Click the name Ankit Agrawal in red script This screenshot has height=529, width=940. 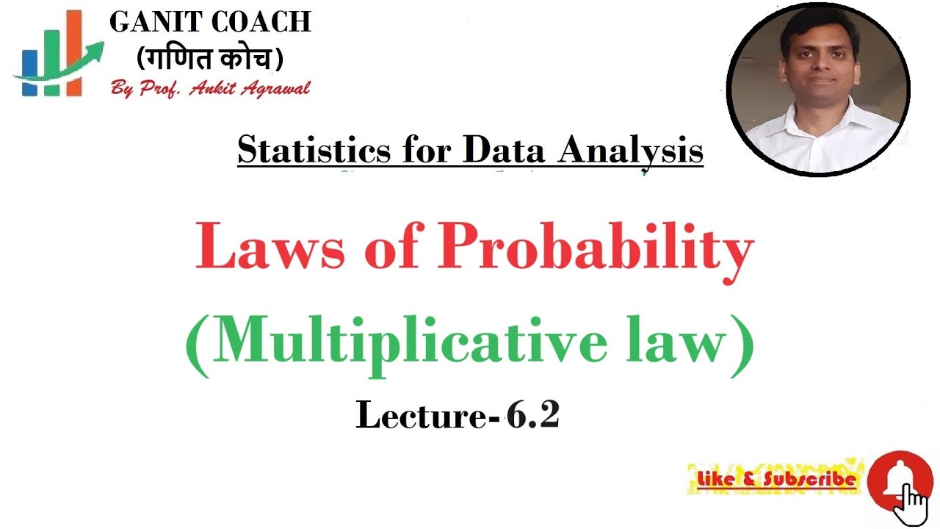pos(250,88)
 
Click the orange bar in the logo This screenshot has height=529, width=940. pos(73,51)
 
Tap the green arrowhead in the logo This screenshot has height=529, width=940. pos(95,50)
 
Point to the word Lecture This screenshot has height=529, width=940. pos(422,415)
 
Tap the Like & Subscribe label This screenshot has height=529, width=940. pos(776,480)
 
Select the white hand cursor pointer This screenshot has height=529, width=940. pos(914,503)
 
